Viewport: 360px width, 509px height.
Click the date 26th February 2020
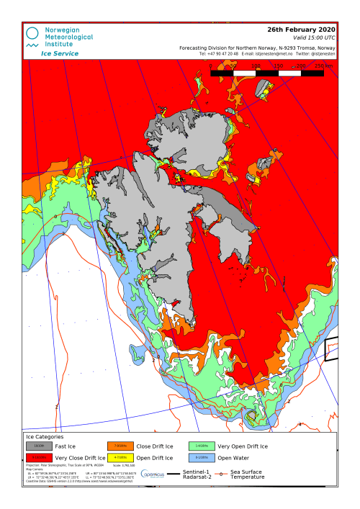[x=301, y=30]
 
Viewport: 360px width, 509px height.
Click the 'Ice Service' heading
[x=60, y=53]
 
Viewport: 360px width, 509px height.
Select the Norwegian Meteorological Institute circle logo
[x=33, y=34]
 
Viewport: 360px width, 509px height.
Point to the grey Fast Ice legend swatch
[x=38, y=446]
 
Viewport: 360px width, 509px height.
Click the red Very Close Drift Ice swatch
[x=38, y=458]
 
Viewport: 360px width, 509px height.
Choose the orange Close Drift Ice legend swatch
[x=120, y=446]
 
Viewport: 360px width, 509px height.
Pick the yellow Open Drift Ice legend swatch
[x=120, y=458]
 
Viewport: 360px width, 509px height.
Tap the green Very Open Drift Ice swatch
[x=201, y=446]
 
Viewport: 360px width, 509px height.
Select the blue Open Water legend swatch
[x=201, y=458]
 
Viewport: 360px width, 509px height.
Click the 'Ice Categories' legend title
[x=45, y=436]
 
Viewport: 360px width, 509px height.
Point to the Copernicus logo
[x=157, y=474]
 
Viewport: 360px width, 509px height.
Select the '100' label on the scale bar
[x=256, y=66]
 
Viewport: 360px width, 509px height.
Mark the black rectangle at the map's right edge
[x=331, y=349]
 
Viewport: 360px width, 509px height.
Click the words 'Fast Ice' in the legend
[x=67, y=446]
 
